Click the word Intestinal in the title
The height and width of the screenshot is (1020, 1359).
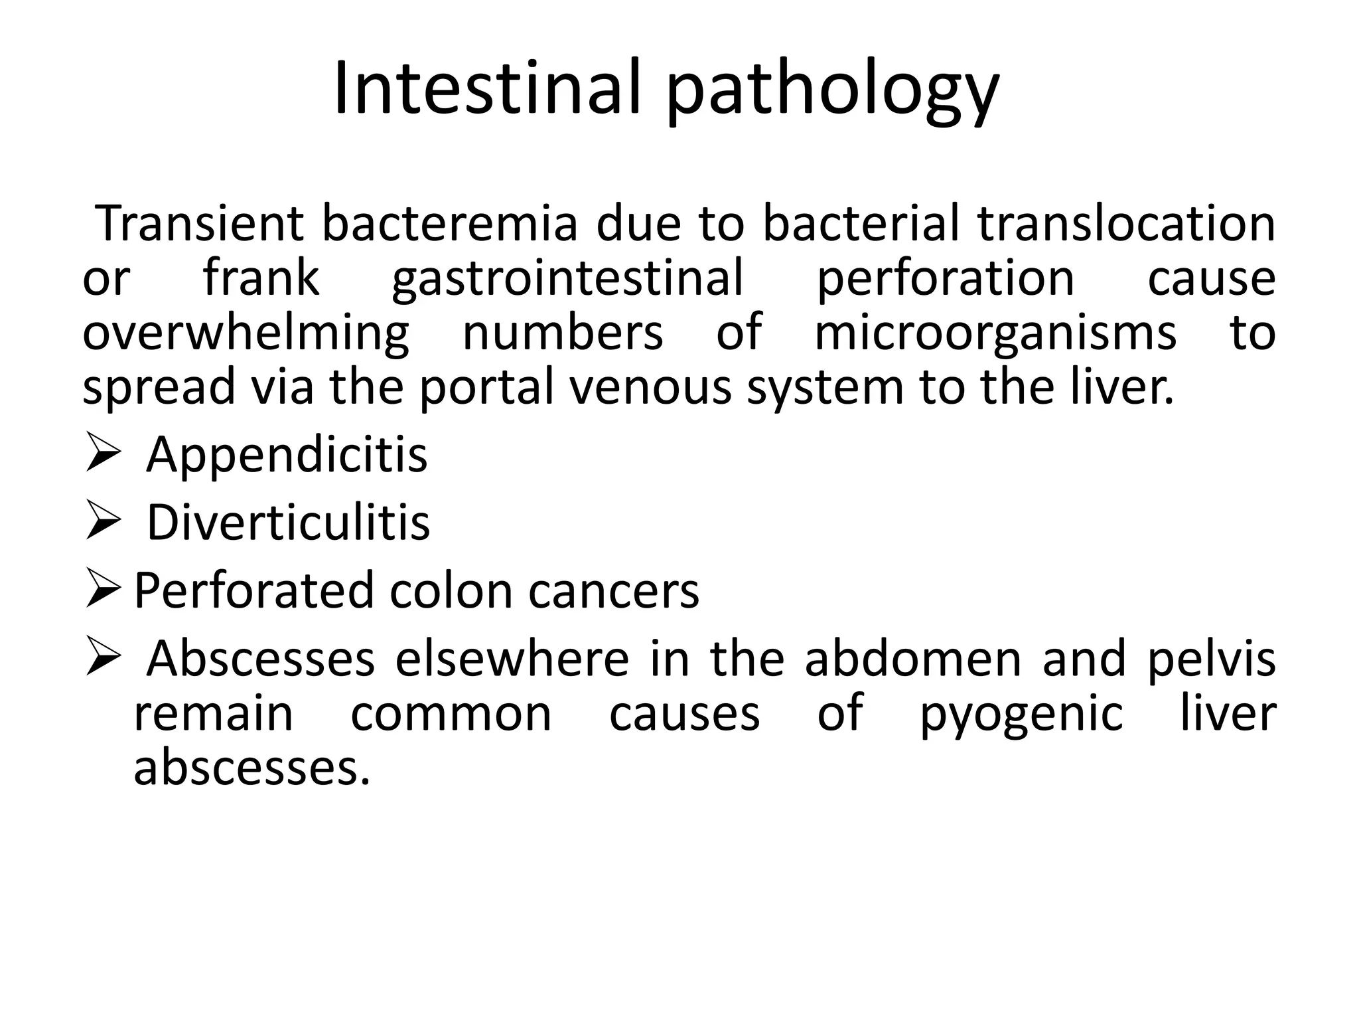pos(487,88)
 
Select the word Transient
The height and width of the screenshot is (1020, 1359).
pos(200,224)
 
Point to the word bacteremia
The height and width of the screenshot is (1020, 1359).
pos(450,224)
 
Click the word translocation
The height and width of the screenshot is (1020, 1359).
pos(1126,224)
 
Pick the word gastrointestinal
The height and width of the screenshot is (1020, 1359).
pos(567,279)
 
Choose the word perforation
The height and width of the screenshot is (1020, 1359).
pos(945,279)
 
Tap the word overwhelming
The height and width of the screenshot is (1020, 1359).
pos(246,333)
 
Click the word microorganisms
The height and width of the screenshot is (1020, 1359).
pos(995,333)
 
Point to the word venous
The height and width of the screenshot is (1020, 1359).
pos(651,388)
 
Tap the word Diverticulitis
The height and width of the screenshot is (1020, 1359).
pos(288,523)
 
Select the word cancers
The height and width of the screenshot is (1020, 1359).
pos(614,591)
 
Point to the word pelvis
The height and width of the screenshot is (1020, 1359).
pos(1212,660)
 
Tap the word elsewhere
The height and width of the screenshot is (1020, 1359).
pos(512,659)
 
